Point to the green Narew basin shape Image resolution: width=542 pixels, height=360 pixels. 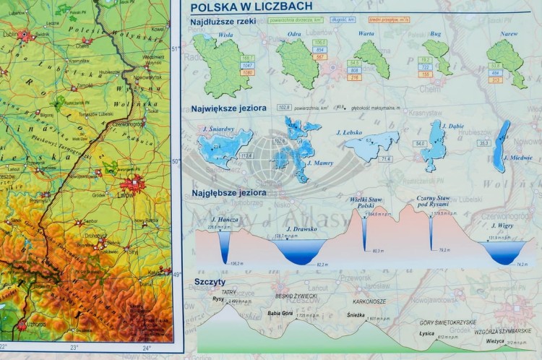pos(507,64)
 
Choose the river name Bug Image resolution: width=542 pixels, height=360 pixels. pos(436,33)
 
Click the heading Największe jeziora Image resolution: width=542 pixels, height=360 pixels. pos(228,108)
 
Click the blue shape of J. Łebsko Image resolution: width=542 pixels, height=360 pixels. pos(371,147)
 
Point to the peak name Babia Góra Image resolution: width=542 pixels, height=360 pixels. pos(280,313)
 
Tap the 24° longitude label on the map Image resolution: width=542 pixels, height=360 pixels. pos(147,348)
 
